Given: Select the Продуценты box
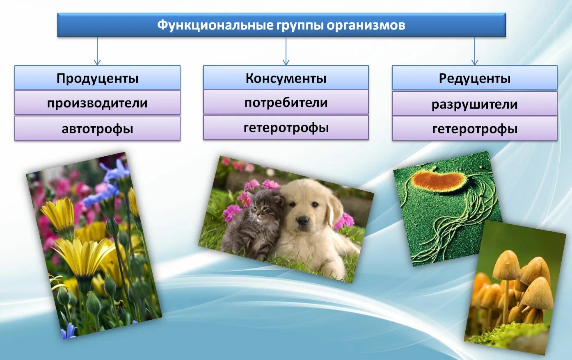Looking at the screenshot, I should coord(97,78).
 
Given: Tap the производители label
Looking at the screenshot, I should coord(97,103).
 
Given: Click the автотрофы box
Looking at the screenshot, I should coord(97,129).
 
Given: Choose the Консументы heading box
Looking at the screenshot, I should coord(286,78).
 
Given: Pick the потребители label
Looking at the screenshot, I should coord(286,103).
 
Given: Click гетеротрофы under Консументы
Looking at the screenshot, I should coord(286,128).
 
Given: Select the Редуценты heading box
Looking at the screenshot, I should coord(475,78).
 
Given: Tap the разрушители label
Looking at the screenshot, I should coord(475,104).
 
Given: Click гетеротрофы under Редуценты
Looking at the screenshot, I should coord(475,129).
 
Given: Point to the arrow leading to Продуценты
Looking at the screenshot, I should coord(97,52).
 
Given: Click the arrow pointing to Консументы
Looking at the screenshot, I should coord(286,52).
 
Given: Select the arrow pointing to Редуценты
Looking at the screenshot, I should coord(475,52).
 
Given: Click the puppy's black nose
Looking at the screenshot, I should coord(303,221).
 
